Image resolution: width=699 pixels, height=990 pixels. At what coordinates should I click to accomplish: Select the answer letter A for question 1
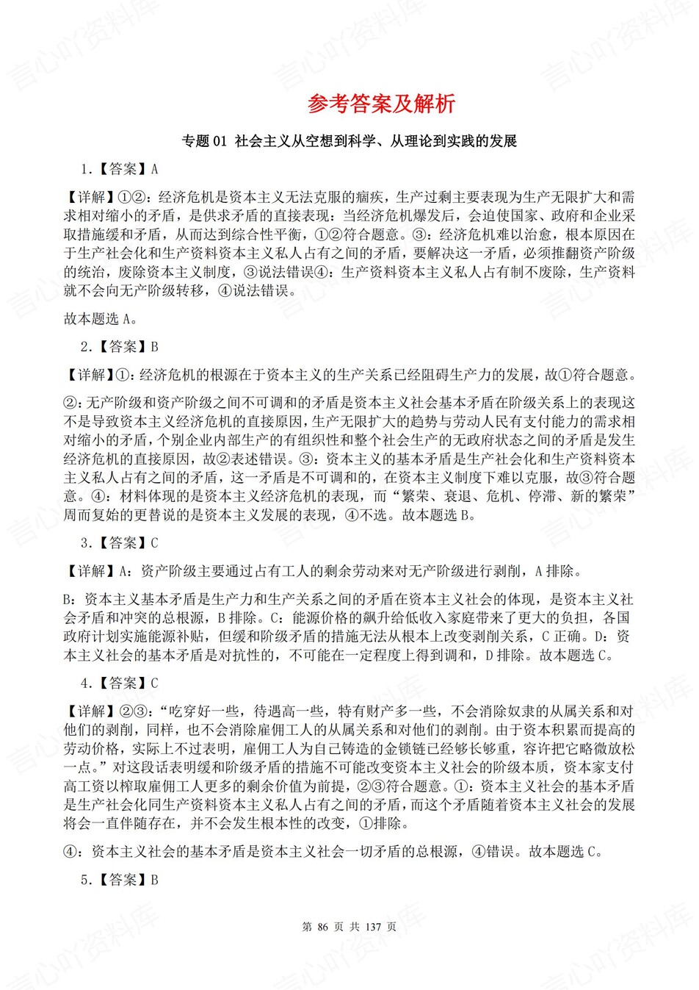154,170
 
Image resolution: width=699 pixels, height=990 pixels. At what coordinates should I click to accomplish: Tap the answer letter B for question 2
154,347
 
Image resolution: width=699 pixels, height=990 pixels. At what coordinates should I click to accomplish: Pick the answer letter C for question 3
154,543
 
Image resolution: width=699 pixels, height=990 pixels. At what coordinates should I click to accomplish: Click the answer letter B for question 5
154,880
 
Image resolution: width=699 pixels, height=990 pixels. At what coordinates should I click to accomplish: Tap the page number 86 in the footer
327,927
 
